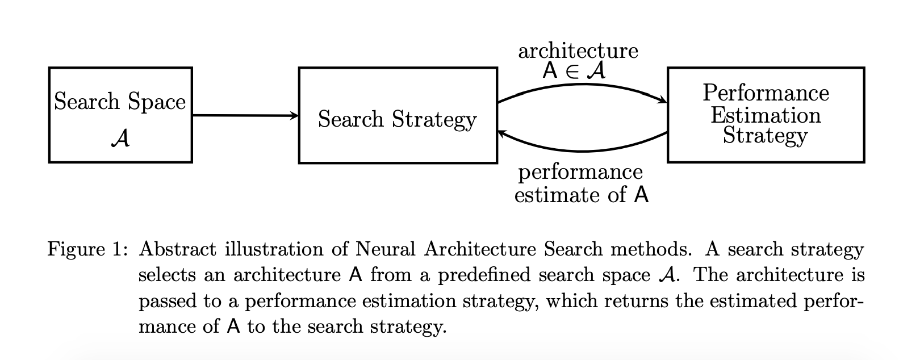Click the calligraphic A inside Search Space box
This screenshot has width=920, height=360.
pyautogui.click(x=120, y=138)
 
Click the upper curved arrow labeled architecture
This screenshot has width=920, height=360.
pyautogui.click(x=582, y=86)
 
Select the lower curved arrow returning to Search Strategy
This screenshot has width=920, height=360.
pyautogui.click(x=582, y=150)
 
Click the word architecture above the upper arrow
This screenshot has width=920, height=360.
pyautogui.click(x=578, y=51)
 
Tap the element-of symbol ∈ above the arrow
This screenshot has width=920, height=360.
pyautogui.click(x=575, y=72)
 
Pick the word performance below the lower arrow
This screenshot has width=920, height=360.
pyautogui.click(x=580, y=171)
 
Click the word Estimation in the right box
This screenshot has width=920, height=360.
pyautogui.click(x=766, y=115)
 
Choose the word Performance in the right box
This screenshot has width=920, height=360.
pyautogui.click(x=766, y=93)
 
